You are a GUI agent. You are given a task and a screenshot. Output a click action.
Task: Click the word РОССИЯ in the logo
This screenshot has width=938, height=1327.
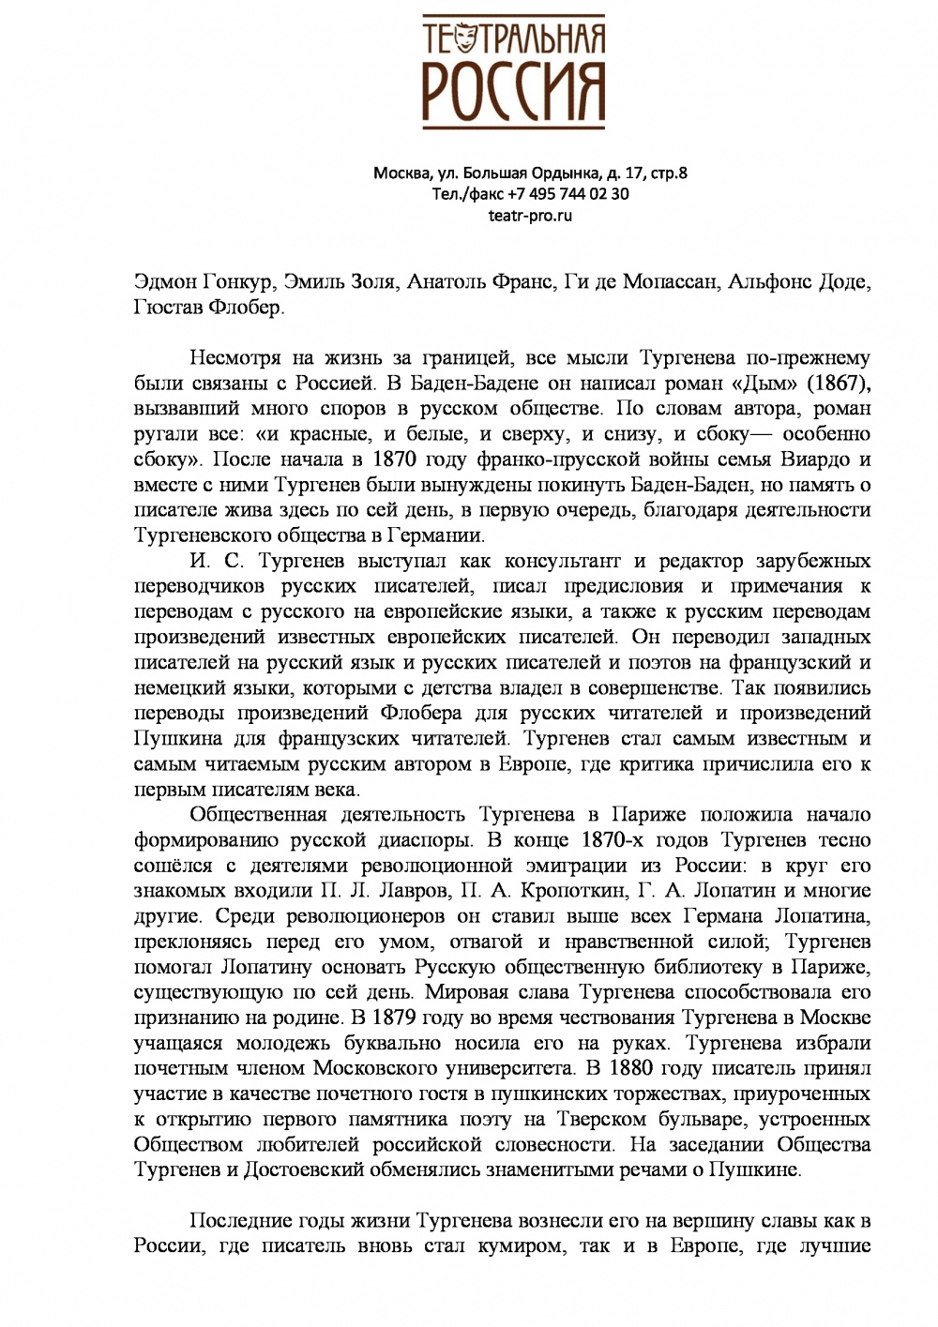[x=513, y=92]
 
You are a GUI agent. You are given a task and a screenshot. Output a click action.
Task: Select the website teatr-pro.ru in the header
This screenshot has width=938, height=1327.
[x=530, y=216]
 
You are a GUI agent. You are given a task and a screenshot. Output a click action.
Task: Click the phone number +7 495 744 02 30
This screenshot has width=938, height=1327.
[x=568, y=194]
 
